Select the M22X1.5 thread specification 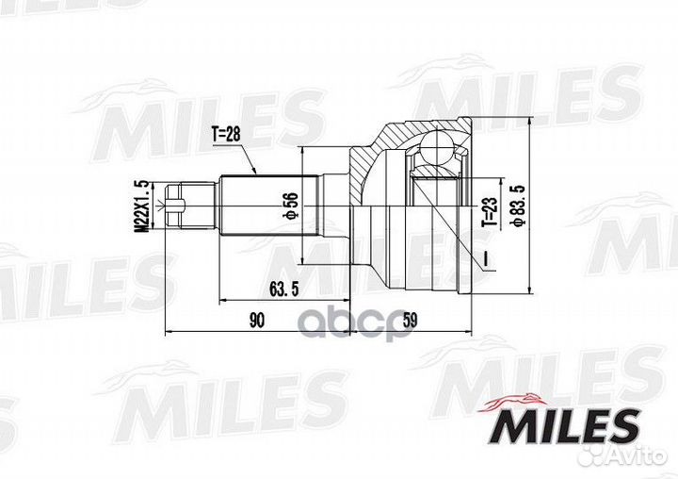click(x=140, y=206)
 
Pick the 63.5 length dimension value click(x=275, y=289)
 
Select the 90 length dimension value click(x=256, y=321)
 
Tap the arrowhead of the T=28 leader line click(x=257, y=173)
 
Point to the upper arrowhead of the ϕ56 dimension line click(x=303, y=151)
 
